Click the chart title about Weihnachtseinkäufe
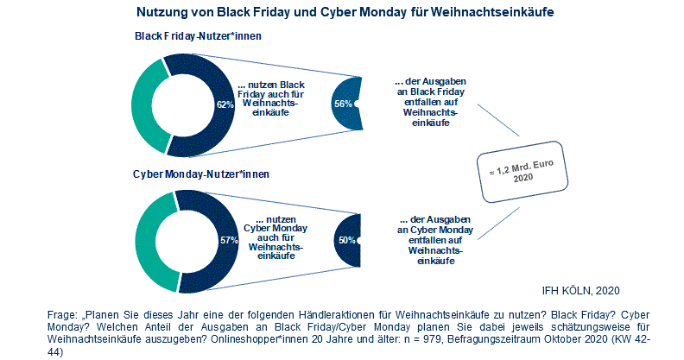tap(345, 14)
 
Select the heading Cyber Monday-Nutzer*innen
tap(200, 174)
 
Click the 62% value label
tap(225, 104)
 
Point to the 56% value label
tap(342, 104)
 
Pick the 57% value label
tap(229, 240)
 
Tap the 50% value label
tap(347, 240)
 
